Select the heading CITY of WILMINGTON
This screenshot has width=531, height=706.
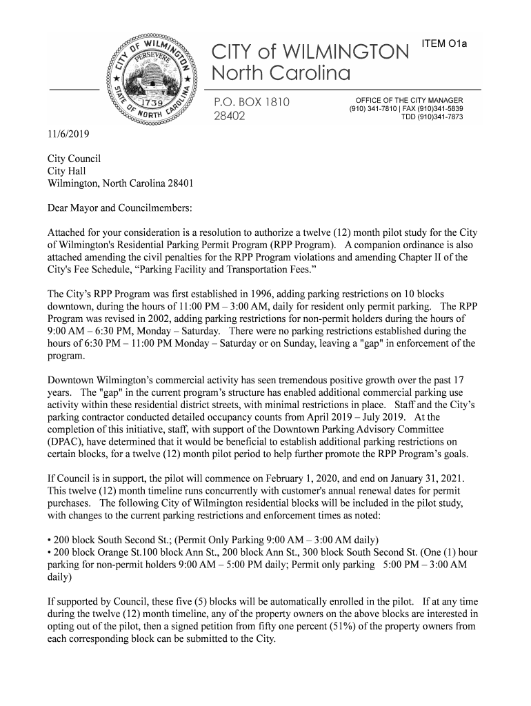tap(310, 51)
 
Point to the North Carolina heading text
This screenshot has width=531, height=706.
tap(281, 73)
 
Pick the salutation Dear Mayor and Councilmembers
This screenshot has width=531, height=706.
tap(119, 208)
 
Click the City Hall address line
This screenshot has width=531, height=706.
tap(66, 171)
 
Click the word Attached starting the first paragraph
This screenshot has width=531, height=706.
tap(67, 233)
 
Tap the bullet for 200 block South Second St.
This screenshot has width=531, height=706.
tap(49, 539)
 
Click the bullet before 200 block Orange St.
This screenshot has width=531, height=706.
tap(49, 552)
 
